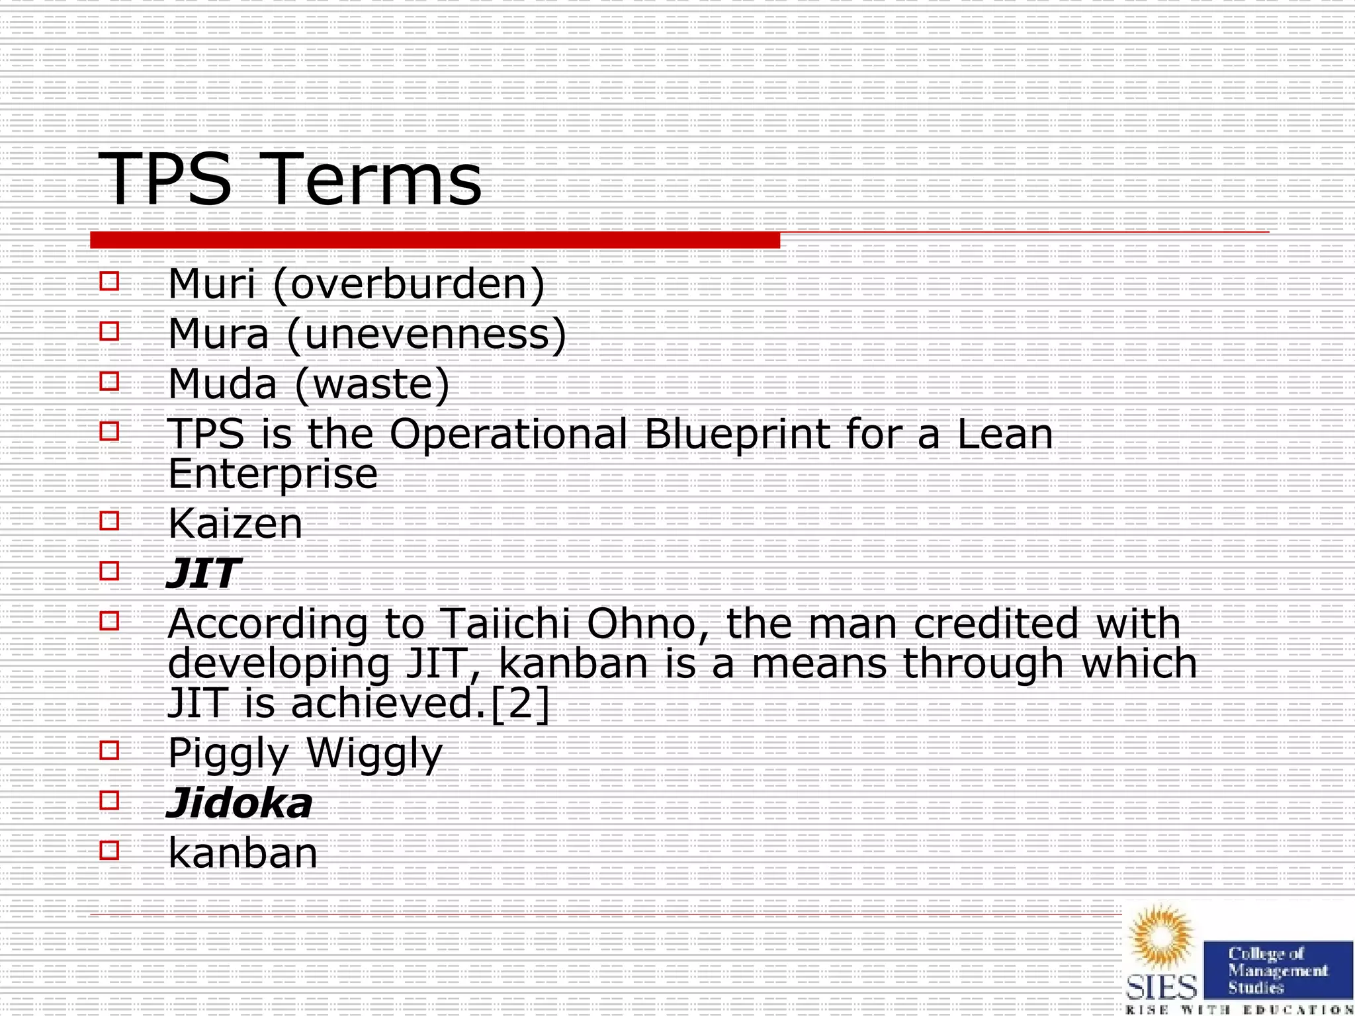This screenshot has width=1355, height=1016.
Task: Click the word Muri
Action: pos(212,284)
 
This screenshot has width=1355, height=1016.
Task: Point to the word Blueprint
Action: pos(736,435)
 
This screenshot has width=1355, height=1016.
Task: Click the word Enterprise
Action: pos(273,474)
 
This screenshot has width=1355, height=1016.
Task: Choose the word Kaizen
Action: pos(236,524)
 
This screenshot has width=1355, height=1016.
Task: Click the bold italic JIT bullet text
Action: pos(202,573)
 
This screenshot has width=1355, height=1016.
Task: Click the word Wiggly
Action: pos(374,754)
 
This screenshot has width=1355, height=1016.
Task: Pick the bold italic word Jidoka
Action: pos(240,804)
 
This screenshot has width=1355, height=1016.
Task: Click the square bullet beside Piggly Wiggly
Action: pos(109,750)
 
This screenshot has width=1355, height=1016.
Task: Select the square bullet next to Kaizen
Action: pos(109,521)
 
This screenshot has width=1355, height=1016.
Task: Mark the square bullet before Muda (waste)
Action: pos(109,381)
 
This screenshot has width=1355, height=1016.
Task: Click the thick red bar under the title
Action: pos(435,240)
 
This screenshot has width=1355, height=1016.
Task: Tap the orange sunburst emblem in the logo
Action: pos(1162,937)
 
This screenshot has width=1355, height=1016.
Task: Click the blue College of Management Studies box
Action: pos(1277,970)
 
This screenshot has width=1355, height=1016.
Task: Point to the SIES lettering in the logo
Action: pos(1162,988)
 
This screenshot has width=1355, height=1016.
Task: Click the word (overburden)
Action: pos(410,284)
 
